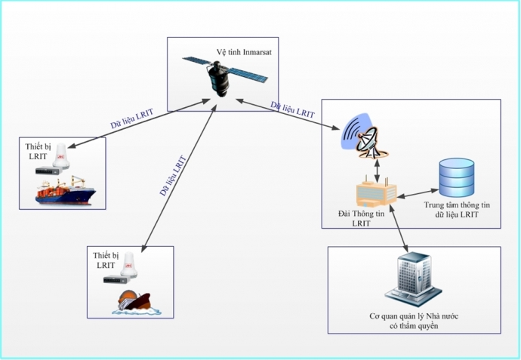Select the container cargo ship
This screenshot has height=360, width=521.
(x=66, y=192)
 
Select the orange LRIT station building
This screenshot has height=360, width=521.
(x=376, y=195)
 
